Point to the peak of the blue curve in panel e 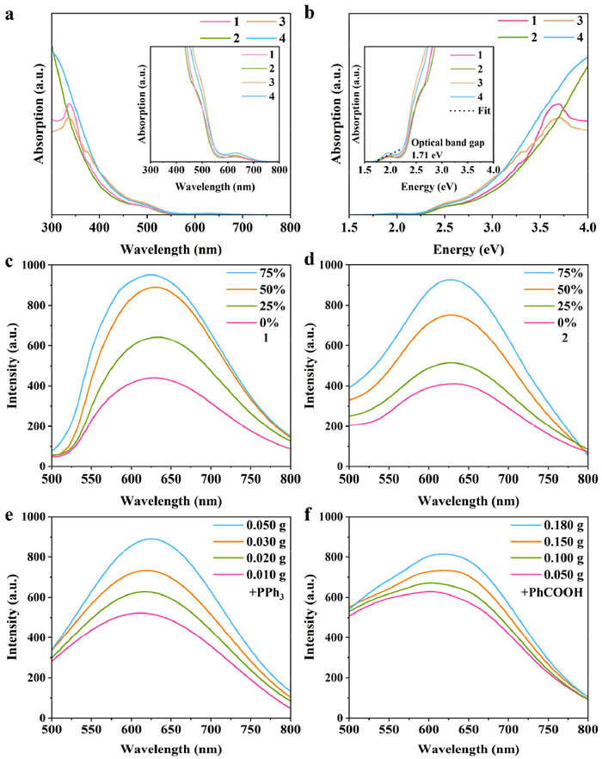(151, 539)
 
